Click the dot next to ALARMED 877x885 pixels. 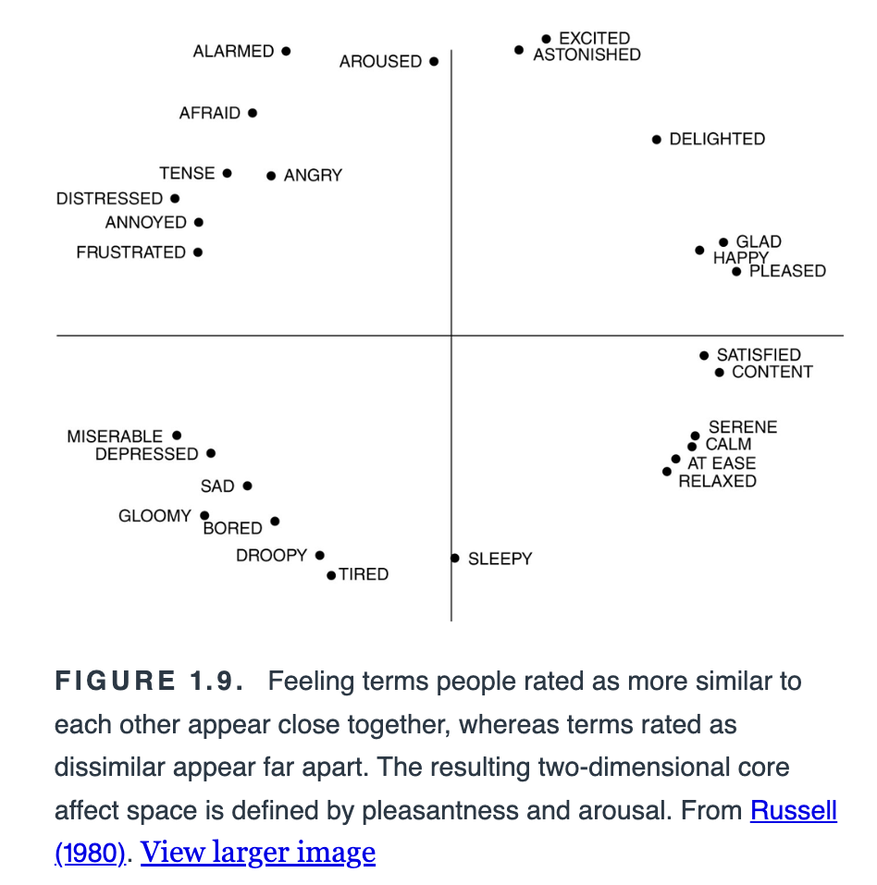[x=286, y=52]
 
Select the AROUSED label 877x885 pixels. [x=380, y=62]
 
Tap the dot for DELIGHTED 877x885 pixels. [x=656, y=140]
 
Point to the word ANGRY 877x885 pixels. [x=313, y=176]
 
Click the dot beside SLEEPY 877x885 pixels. [x=455, y=559]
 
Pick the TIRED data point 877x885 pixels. [x=331, y=575]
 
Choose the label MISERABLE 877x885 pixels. [x=115, y=436]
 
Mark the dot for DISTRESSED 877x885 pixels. [x=175, y=199]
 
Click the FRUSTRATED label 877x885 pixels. [x=131, y=252]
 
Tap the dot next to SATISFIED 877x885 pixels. [x=704, y=356]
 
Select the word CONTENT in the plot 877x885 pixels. [x=772, y=372]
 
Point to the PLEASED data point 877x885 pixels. [x=736, y=272]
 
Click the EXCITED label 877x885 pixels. [x=595, y=39]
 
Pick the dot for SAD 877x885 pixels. [x=247, y=486]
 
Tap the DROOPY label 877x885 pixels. [x=272, y=556]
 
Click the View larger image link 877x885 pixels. [x=258, y=852]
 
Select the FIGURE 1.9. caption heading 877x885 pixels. [x=149, y=681]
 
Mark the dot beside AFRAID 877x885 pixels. [x=253, y=114]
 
